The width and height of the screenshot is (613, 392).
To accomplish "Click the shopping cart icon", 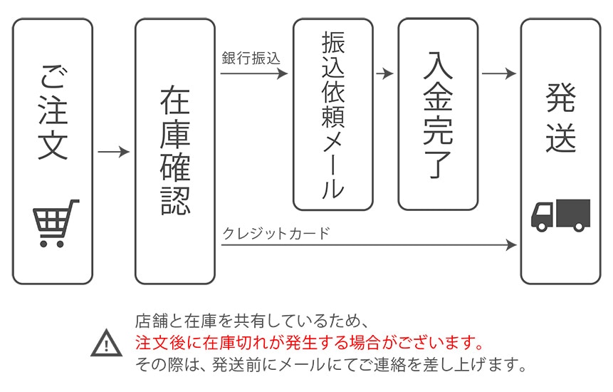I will pyautogui.click(x=55, y=222).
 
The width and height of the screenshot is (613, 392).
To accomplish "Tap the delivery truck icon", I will pyautogui.click(x=560, y=215).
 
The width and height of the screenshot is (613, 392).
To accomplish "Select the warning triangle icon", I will pyautogui.click(x=107, y=344).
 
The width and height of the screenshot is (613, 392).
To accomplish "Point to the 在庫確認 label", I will pyautogui.click(x=174, y=150).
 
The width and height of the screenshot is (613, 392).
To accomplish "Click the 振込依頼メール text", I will pyautogui.click(x=332, y=114).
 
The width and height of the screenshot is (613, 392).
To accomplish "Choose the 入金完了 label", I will pyautogui.click(x=437, y=113).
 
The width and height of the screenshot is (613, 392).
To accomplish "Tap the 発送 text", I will pyautogui.click(x=560, y=118).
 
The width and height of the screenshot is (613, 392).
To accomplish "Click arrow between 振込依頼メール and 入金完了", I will pyautogui.click(x=384, y=73).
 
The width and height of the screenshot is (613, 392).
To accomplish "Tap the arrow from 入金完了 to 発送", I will pyautogui.click(x=498, y=73).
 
